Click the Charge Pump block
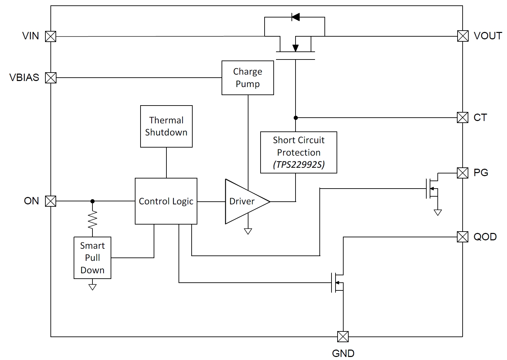pyautogui.click(x=248, y=78)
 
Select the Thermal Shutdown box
pyautogui.click(x=166, y=126)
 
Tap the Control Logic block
pyautogui.click(x=166, y=201)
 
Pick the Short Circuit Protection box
pyautogui.click(x=299, y=152)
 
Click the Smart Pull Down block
pyautogui.click(x=92, y=258)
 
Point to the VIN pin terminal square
pyautogui.click(x=51, y=36)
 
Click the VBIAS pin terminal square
pyautogui.click(x=51, y=78)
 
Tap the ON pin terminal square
pyautogui.click(x=51, y=201)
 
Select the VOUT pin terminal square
pyautogui.click(x=463, y=36)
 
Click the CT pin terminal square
pyautogui.click(x=463, y=118)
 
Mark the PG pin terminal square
pyautogui.click(x=463, y=173)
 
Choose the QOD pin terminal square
pyautogui.click(x=463, y=237)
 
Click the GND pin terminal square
pyautogui.click(x=343, y=336)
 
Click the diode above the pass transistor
pyautogui.click(x=295, y=17)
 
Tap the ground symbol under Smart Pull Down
pyautogui.click(x=92, y=287)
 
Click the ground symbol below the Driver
pyautogui.click(x=248, y=231)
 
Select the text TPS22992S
pyautogui.click(x=299, y=165)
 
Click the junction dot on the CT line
pyautogui.click(x=296, y=118)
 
